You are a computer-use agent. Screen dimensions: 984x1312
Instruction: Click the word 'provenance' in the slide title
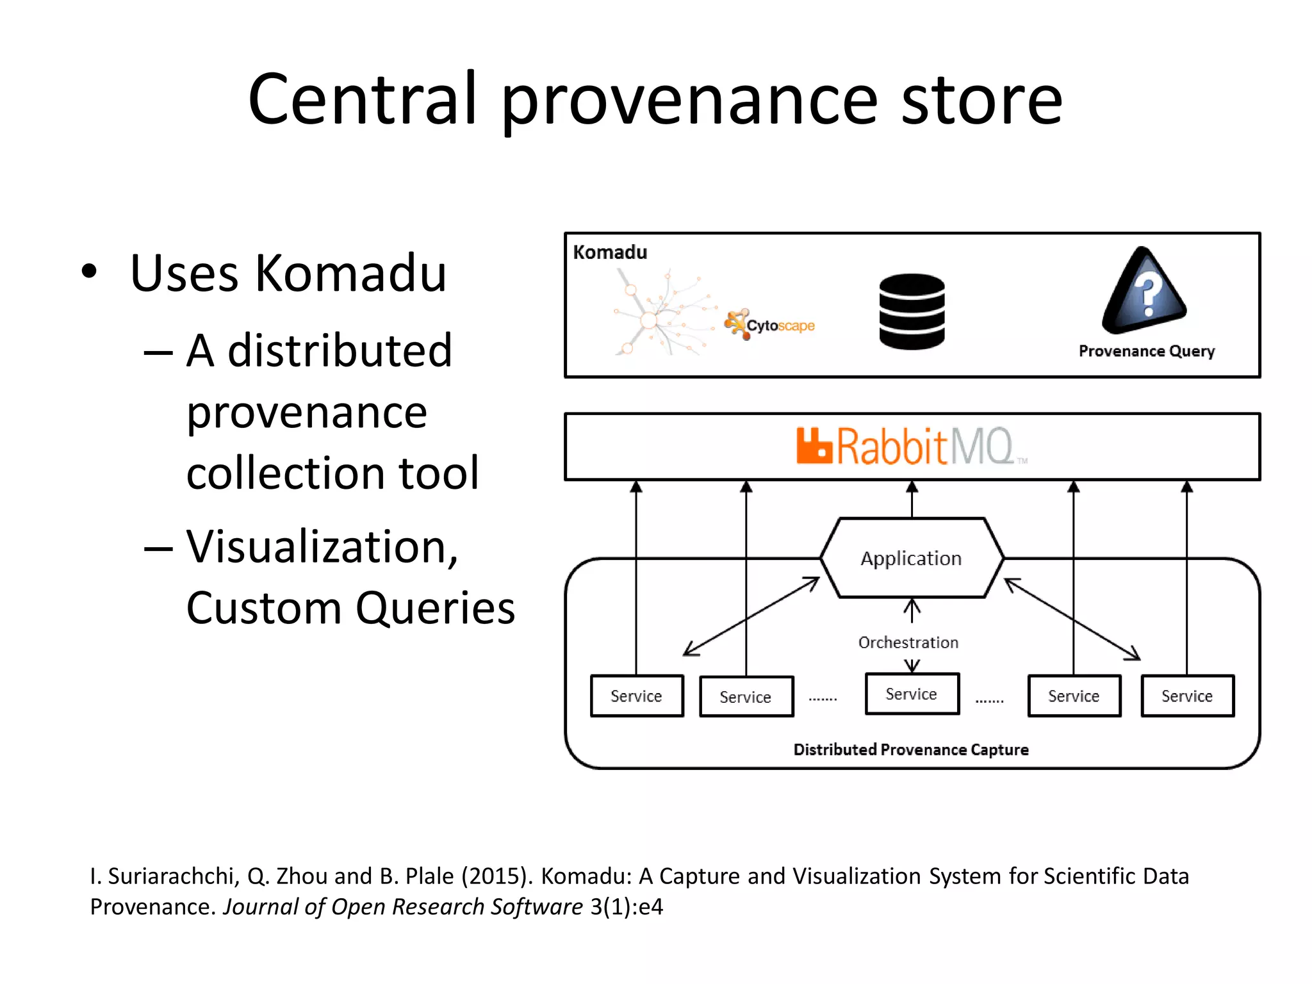click(689, 102)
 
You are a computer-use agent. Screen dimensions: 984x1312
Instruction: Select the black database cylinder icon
click(912, 311)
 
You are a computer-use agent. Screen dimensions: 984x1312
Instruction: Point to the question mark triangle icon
click(1145, 291)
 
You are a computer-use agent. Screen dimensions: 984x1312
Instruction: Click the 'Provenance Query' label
click(1146, 351)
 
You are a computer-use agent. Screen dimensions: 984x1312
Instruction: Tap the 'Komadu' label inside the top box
click(610, 252)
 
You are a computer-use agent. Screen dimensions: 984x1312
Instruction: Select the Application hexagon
click(912, 558)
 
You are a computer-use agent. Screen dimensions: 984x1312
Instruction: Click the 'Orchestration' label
click(908, 643)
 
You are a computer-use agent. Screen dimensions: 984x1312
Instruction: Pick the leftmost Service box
click(636, 696)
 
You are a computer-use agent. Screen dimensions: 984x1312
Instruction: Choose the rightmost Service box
click(1187, 696)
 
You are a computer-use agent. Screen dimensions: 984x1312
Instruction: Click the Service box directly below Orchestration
click(912, 694)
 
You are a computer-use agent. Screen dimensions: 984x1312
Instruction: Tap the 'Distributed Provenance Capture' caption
click(910, 750)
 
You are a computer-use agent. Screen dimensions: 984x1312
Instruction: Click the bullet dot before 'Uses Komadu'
click(89, 272)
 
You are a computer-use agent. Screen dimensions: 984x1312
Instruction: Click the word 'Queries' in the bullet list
click(435, 607)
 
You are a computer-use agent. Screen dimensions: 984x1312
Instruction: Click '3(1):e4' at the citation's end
click(626, 906)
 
